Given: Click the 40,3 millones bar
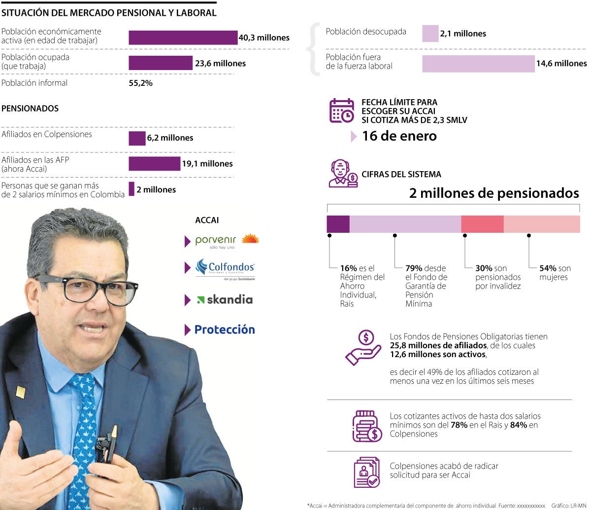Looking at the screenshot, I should [183, 37].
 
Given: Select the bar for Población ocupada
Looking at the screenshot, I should [160, 63].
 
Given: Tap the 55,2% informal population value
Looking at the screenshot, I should [140, 83].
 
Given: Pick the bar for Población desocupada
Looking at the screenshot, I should [430, 34].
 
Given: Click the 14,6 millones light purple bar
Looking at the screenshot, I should [478, 64].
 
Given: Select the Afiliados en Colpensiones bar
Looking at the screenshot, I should [137, 138].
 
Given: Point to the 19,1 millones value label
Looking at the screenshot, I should [207, 164].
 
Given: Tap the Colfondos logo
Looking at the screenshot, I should [225, 268].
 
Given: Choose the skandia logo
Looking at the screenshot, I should [225, 299].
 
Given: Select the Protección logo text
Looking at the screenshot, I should [225, 329].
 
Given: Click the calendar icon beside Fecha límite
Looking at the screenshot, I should [341, 110].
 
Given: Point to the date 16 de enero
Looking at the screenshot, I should [399, 136].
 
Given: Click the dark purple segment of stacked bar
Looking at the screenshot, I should [338, 224].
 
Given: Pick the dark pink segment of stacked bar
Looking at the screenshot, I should [482, 224].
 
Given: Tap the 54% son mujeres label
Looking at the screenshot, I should [555, 273].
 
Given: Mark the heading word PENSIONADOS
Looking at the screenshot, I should [30, 109].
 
